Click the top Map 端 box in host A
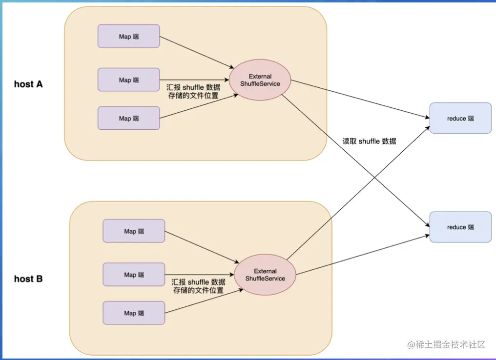[x=128, y=36]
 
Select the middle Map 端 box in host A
[x=128, y=80]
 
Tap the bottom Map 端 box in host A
[x=128, y=118]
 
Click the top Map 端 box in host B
[x=134, y=231]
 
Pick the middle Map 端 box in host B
[x=134, y=275]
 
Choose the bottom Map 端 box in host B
[x=134, y=313]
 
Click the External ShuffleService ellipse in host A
[x=260, y=80]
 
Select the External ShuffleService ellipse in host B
[x=265, y=275]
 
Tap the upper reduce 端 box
[x=460, y=118]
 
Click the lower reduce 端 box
[x=460, y=227]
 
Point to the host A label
[x=28, y=84]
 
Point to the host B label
[x=28, y=279]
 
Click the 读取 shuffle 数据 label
[x=369, y=141]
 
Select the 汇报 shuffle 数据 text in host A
[x=193, y=87]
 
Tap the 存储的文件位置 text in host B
[x=198, y=290]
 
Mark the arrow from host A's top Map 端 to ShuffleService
[x=195, y=52]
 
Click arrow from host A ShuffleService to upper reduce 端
[x=359, y=100]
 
